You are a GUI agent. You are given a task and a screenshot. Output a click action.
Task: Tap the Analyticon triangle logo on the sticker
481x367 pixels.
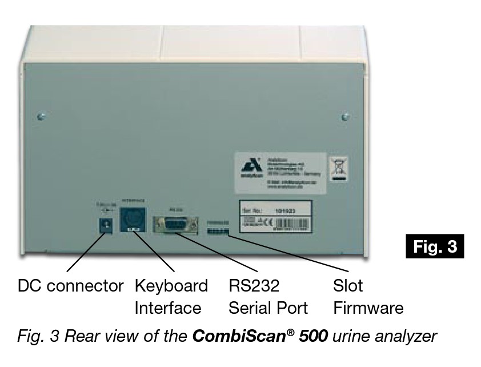click(248, 169)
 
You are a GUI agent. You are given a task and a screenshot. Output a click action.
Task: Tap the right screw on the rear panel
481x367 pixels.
click(344, 117)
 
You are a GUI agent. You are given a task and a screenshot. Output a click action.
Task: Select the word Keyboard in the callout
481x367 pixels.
click(171, 286)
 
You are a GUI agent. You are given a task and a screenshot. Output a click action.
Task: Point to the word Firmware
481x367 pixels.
click(368, 308)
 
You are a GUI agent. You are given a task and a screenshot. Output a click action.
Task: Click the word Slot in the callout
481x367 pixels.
click(348, 286)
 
